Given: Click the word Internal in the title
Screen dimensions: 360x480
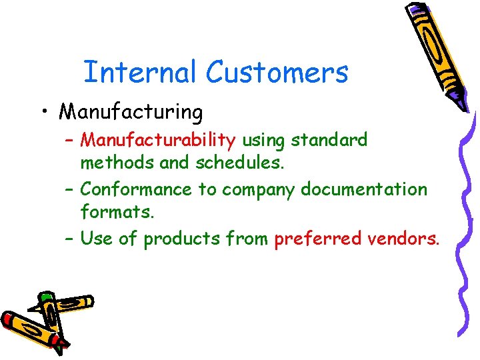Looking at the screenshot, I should click(140, 72).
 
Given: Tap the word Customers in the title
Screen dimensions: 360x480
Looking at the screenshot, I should click(277, 72).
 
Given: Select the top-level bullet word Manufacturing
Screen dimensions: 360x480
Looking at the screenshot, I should click(131, 113).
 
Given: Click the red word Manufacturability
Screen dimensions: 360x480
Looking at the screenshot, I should click(158, 141).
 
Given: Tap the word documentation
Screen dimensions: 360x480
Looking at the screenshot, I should click(363, 189).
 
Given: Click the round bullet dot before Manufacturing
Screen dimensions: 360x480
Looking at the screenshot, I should click(43, 112).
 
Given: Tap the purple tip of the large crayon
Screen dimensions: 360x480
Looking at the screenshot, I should click(461, 100).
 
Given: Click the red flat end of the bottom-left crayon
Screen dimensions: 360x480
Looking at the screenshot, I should click(8, 321).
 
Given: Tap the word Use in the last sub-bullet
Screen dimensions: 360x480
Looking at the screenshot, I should click(97, 238).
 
